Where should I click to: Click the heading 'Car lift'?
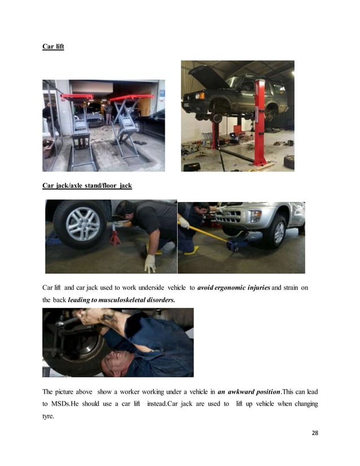[53, 46]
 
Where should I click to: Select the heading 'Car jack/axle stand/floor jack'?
[87, 185]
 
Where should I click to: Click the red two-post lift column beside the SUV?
[260, 121]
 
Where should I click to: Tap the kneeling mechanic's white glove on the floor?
[150, 262]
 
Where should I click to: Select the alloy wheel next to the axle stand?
[82, 224]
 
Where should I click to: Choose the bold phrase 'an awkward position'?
[248, 392]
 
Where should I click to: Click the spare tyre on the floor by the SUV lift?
[289, 162]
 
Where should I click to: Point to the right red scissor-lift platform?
[131, 98]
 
